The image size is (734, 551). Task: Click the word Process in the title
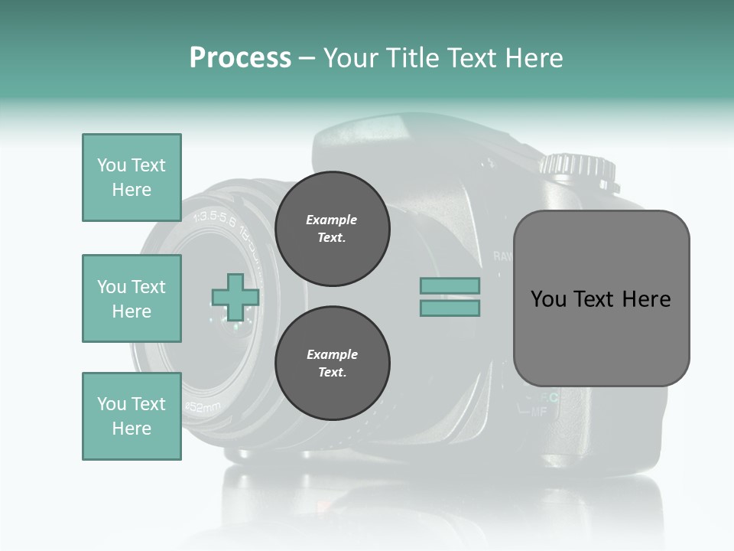click(x=240, y=58)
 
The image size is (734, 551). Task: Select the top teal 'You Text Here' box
click(x=132, y=178)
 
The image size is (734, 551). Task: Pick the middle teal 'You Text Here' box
click(x=132, y=298)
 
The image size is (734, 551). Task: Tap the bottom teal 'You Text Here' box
click(x=132, y=416)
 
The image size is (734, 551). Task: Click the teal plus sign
click(x=235, y=297)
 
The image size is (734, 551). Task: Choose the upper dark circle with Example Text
click(x=332, y=229)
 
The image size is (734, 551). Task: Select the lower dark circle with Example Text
click(x=332, y=364)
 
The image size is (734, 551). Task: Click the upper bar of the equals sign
click(x=450, y=285)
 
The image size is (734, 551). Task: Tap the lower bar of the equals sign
click(x=450, y=308)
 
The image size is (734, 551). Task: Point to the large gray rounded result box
click(x=601, y=298)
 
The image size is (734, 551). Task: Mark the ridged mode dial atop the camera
click(x=579, y=169)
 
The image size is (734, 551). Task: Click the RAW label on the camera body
click(x=502, y=256)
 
